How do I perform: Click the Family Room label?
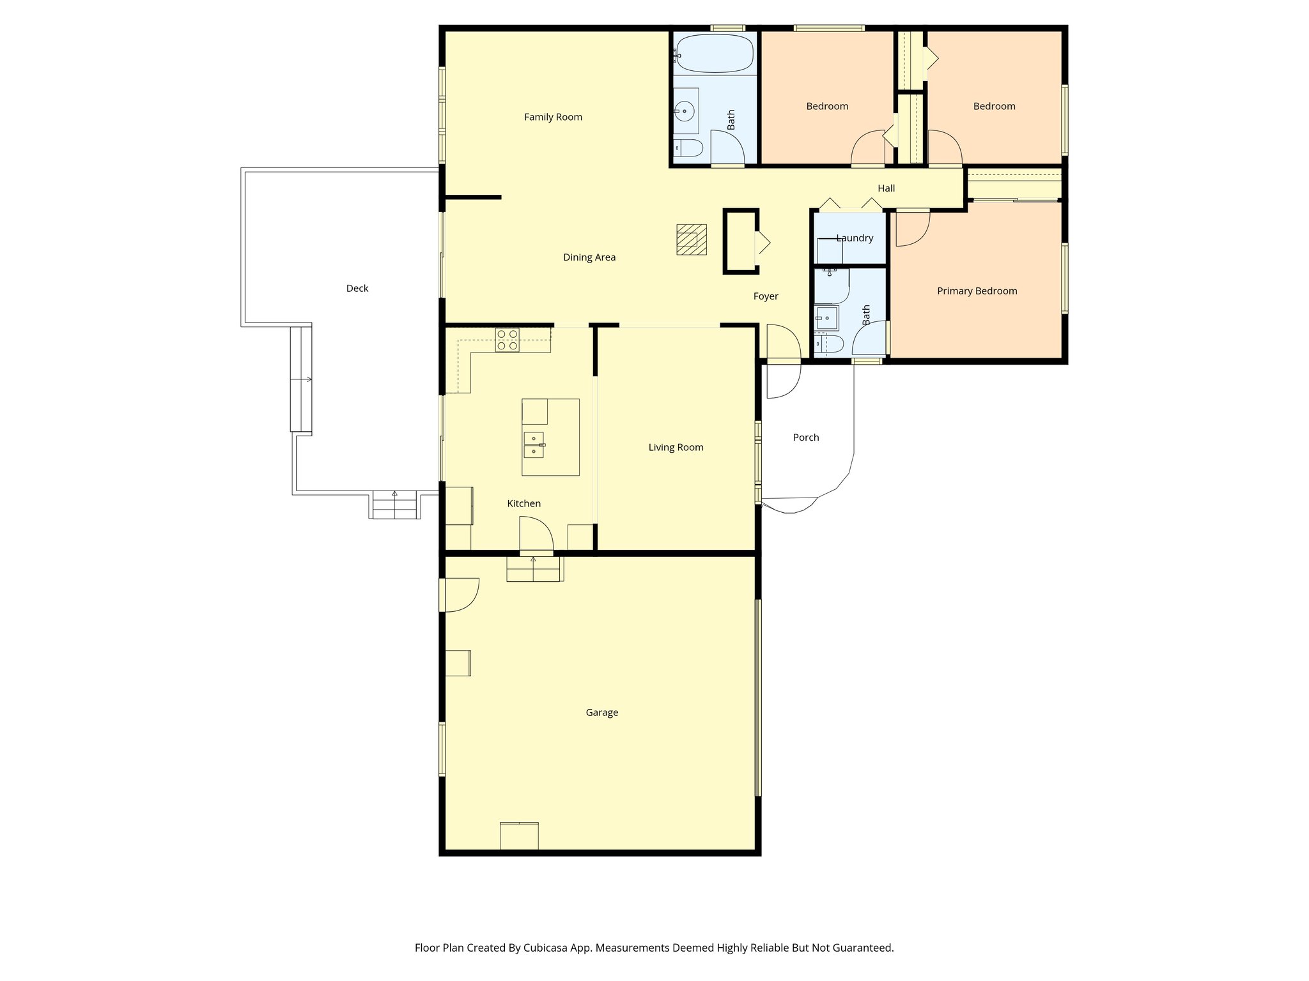click(x=553, y=117)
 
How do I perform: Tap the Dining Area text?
click(x=589, y=257)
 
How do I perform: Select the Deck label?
click(x=357, y=288)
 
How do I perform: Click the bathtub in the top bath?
click(x=715, y=54)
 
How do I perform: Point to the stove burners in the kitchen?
click(x=507, y=340)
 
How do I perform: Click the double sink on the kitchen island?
click(x=534, y=445)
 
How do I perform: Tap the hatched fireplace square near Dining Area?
click(x=692, y=240)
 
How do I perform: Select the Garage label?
click(x=601, y=712)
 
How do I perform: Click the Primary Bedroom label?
click(x=977, y=291)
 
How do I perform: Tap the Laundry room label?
click(x=854, y=238)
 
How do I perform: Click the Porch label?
click(x=805, y=437)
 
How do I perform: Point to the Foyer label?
click(x=765, y=296)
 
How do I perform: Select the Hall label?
click(x=886, y=188)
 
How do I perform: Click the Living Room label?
click(x=676, y=447)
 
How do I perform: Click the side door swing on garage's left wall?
click(x=460, y=594)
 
